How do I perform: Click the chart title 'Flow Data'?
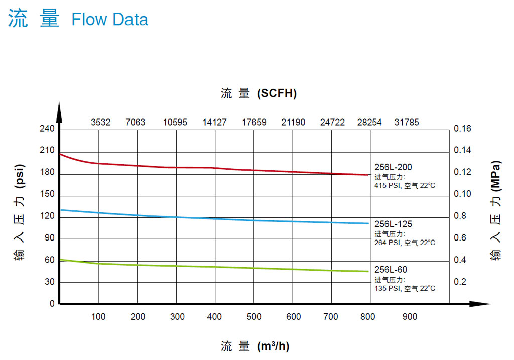click(109, 20)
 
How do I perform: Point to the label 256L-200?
click(393, 167)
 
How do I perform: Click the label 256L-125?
click(393, 224)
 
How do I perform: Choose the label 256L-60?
click(391, 270)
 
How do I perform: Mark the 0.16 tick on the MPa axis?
click(462, 129)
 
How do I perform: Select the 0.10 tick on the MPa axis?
click(462, 194)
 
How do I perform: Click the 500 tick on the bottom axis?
click(254, 317)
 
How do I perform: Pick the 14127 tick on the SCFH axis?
click(214, 122)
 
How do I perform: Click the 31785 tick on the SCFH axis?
click(406, 122)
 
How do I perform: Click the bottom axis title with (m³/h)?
click(255, 346)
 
